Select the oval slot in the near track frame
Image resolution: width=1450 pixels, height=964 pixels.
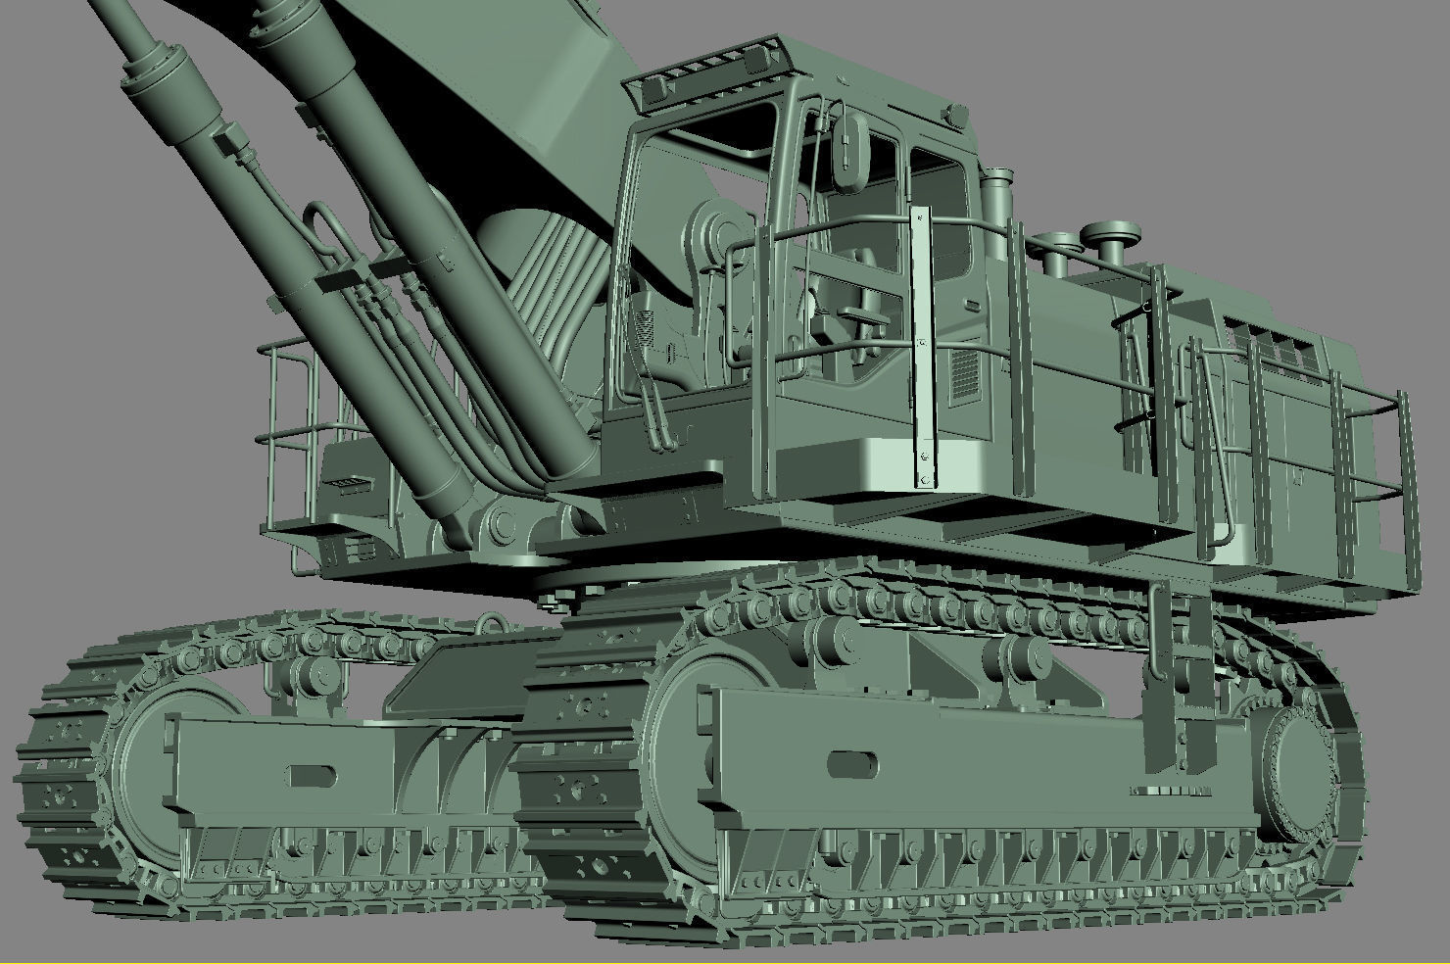[852, 764]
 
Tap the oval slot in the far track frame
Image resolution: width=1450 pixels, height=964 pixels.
[312, 776]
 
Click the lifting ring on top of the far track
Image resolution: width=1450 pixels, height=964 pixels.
[488, 624]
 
